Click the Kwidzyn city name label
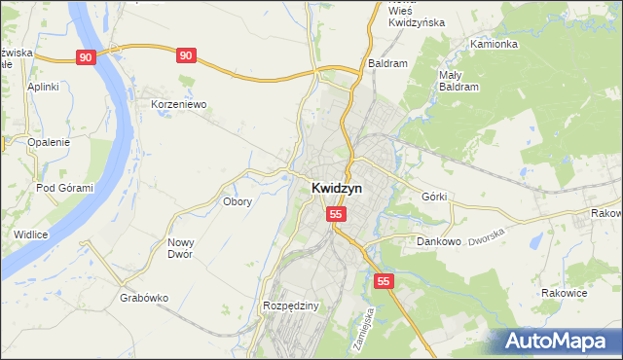coord(337,189)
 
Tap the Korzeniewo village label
coord(179,103)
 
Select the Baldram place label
coord(387,63)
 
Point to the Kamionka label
coord(493,45)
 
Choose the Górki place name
coord(434,196)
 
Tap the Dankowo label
coord(438,240)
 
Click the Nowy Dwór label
coord(181,248)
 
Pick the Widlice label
coord(32,234)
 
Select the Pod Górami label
coord(64,188)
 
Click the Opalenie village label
coord(49,142)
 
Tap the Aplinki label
coord(44,87)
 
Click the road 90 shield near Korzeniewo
coord(186,56)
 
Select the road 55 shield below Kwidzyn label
coord(336,214)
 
